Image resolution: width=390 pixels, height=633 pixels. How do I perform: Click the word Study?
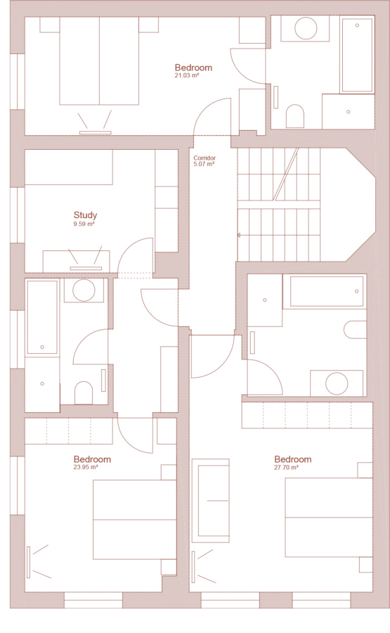[85, 215]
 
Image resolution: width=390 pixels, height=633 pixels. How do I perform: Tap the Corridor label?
[204, 158]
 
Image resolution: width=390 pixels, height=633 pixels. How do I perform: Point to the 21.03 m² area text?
[187, 75]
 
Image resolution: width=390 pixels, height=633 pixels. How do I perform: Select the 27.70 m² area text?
[286, 468]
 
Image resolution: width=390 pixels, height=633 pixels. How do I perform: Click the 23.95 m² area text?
[86, 468]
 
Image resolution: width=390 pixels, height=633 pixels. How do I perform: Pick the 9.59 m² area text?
[84, 224]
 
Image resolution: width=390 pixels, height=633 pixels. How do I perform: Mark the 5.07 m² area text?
[204, 164]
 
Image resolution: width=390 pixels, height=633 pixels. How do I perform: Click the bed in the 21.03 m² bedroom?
[99, 61]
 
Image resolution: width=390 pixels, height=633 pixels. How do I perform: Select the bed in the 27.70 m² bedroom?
[329, 518]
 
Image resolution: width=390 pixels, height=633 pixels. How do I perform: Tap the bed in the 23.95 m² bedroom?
[135, 520]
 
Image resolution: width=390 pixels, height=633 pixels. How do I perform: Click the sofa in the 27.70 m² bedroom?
[211, 501]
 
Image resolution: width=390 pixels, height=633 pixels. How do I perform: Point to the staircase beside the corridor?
[279, 205]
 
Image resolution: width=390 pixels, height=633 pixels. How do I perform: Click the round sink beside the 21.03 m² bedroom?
[306, 28]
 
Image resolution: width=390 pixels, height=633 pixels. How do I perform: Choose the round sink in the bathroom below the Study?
[84, 290]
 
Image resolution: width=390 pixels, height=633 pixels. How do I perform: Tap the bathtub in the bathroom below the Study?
[42, 317]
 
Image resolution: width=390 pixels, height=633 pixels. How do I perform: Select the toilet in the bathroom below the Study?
[84, 392]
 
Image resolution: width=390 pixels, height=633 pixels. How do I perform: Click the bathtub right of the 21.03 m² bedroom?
[357, 54]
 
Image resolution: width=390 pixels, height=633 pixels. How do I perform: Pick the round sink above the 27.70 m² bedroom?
[337, 383]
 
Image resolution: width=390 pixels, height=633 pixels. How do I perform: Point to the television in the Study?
[86, 268]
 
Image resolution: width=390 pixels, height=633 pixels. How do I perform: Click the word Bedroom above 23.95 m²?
[92, 459]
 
